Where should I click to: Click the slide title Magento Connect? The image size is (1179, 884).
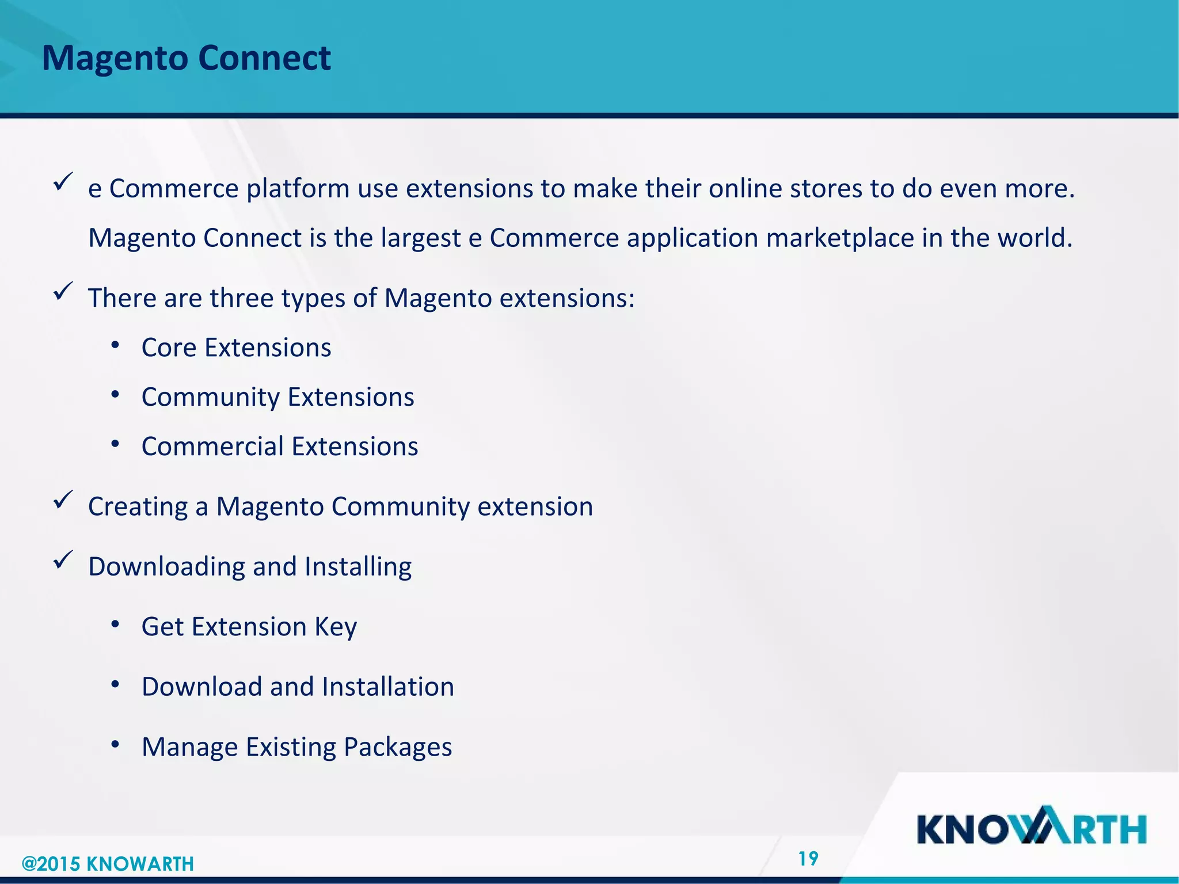[186, 58]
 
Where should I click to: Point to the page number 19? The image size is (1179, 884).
[808, 859]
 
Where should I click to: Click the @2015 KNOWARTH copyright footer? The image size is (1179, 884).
[108, 863]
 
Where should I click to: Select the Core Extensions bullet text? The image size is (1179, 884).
[236, 348]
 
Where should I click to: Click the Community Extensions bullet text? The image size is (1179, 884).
[277, 397]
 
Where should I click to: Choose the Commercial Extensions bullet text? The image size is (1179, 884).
[280, 447]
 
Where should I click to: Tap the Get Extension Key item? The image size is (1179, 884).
[249, 627]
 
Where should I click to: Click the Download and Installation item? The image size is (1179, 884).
[298, 687]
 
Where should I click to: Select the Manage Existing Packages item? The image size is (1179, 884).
[296, 747]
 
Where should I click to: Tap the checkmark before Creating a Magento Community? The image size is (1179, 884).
[62, 499]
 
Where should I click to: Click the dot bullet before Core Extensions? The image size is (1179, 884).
[115, 345]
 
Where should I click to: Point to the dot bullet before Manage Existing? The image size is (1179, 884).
[115, 745]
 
